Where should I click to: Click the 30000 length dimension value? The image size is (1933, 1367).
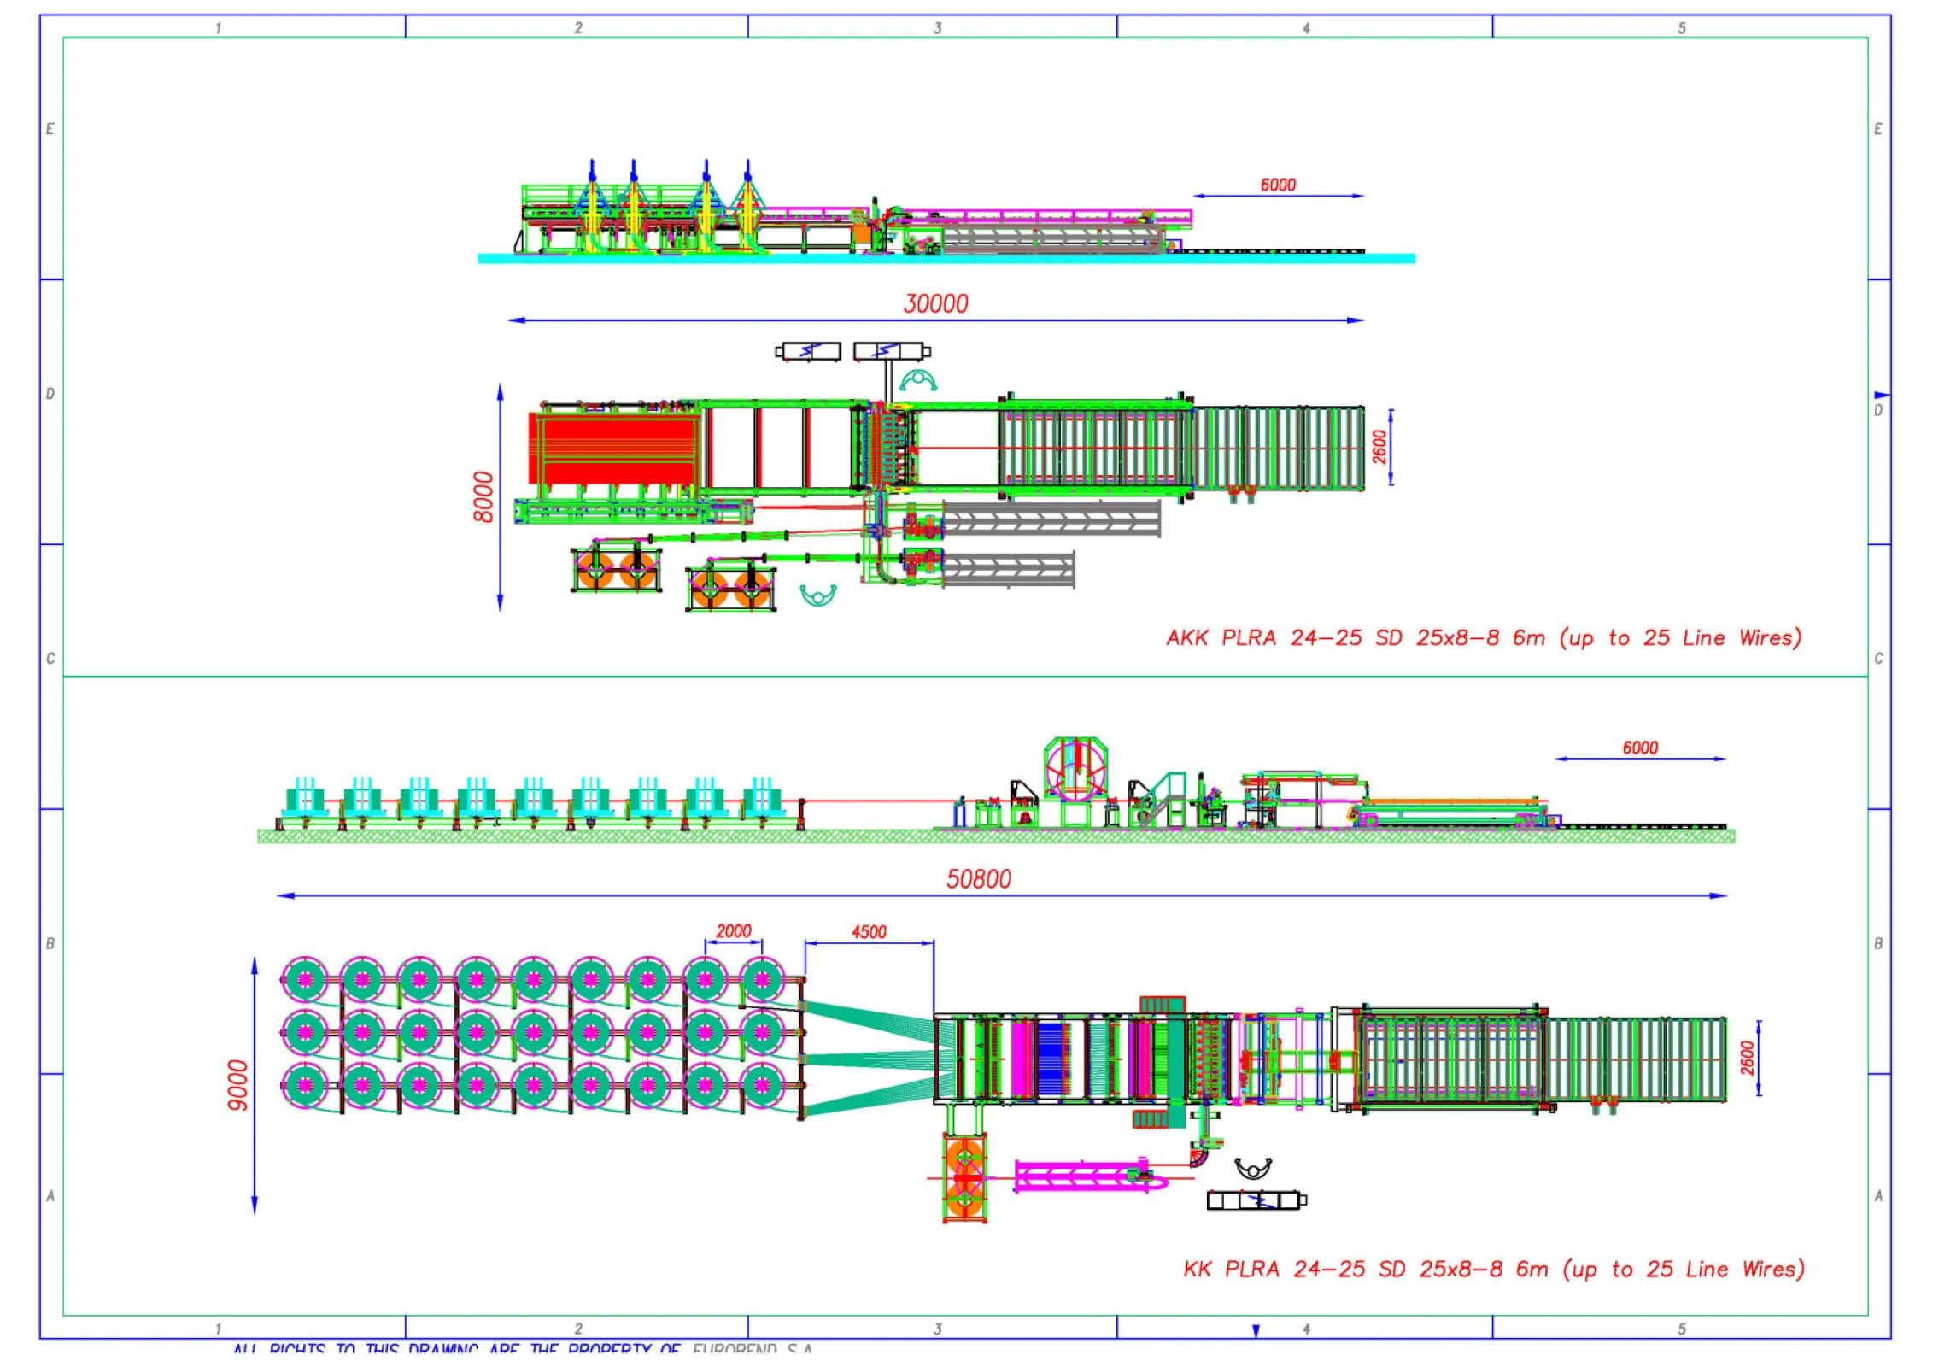[935, 304]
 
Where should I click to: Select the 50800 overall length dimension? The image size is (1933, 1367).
[978, 879]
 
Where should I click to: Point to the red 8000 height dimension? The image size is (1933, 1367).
[483, 496]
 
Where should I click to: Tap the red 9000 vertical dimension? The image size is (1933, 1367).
[238, 1085]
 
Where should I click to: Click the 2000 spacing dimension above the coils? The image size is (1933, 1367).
[733, 930]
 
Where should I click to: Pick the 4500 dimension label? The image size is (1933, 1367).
[869, 931]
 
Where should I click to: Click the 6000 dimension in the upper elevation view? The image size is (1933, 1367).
[1278, 185]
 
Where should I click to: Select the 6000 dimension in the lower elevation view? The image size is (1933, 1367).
[1640, 748]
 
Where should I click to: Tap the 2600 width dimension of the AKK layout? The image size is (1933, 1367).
[1380, 447]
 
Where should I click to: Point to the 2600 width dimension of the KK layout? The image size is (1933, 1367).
[1748, 1058]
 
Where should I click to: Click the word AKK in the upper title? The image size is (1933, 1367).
[1186, 638]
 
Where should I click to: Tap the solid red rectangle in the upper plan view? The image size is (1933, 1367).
[612, 449]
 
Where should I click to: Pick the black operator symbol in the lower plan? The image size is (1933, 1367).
[1253, 1167]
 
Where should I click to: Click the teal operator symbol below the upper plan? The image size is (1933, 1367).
[817, 594]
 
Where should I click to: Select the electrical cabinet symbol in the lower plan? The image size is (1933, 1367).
[1256, 1200]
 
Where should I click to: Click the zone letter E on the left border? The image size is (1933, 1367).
[50, 129]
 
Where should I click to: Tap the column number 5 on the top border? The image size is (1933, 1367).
[1681, 28]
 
